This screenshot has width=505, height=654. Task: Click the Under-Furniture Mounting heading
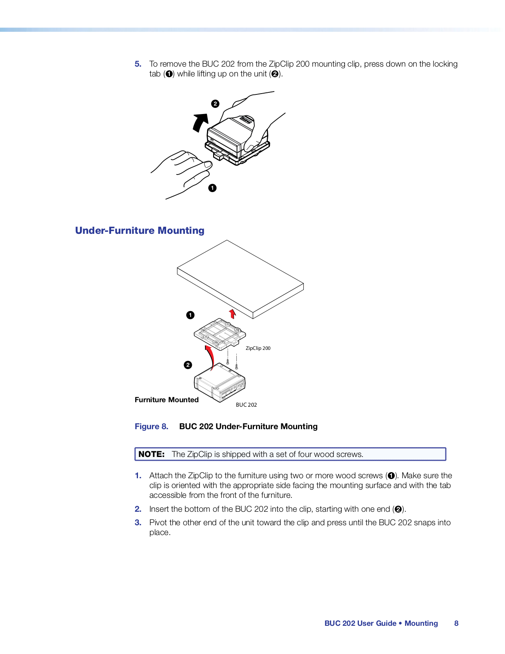click(x=140, y=231)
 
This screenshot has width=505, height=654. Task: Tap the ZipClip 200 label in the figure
click(x=258, y=348)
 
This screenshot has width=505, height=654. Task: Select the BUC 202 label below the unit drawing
click(x=246, y=405)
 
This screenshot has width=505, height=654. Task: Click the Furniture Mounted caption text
click(x=167, y=400)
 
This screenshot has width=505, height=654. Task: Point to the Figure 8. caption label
click(x=151, y=426)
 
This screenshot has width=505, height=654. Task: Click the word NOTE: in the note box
click(x=151, y=454)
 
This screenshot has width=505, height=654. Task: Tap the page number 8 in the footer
click(x=456, y=623)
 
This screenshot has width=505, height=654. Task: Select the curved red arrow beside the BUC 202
click(x=210, y=356)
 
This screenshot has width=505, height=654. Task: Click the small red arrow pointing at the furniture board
click(x=233, y=314)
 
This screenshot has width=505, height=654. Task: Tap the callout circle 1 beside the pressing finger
click(x=212, y=188)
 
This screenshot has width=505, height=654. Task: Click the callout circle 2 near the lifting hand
click(x=215, y=104)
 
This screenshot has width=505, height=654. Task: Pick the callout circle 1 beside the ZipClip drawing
click(x=190, y=315)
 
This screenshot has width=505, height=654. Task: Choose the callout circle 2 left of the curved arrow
click(x=188, y=365)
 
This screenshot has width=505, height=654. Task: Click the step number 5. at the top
click(x=138, y=64)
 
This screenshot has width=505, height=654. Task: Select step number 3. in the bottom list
click(x=138, y=522)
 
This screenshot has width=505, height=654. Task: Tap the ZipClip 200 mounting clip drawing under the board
click(x=220, y=333)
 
